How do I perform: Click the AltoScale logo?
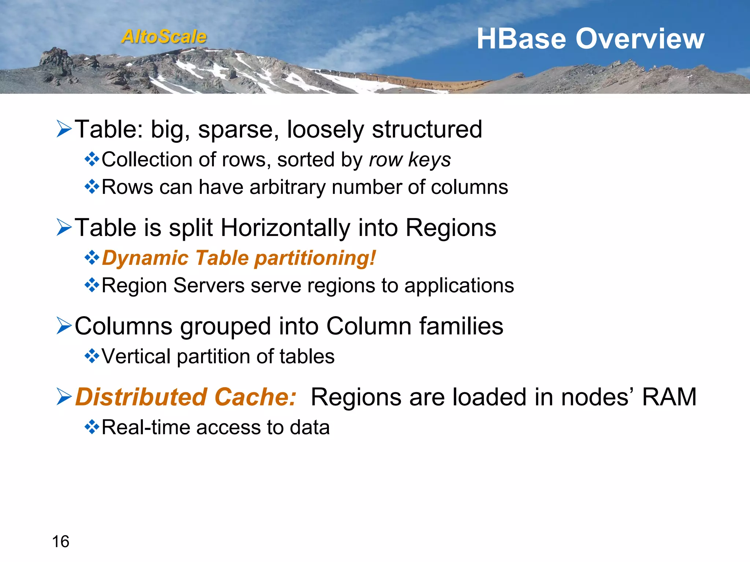click(x=164, y=37)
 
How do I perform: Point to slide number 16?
click(x=60, y=541)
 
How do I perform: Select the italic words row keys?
click(x=410, y=160)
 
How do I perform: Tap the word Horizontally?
click(x=286, y=228)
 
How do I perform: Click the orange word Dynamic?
click(x=145, y=258)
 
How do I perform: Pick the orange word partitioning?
click(x=315, y=258)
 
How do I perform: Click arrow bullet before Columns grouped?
click(x=64, y=326)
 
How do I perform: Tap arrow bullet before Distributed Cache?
click(x=64, y=397)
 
